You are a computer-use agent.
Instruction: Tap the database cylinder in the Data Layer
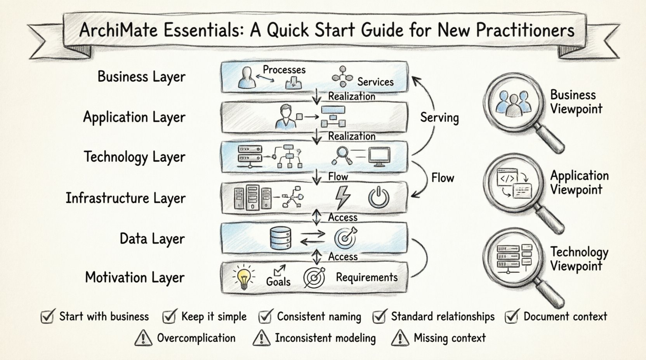(280, 238)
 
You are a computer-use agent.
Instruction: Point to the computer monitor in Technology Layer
(379, 156)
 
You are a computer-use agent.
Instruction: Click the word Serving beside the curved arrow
(439, 118)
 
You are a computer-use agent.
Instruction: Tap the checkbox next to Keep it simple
(169, 317)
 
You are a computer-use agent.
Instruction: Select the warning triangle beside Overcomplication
(143, 338)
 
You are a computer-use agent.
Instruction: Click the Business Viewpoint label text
(576, 102)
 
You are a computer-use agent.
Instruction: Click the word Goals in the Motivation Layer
(278, 281)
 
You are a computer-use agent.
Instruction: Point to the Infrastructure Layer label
(125, 198)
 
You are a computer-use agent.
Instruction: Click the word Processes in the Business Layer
(284, 70)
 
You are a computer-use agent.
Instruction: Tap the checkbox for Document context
(512, 317)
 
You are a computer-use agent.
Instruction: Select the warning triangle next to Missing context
(400, 338)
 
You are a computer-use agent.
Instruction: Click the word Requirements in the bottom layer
(366, 277)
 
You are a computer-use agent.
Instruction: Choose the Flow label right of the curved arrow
(443, 178)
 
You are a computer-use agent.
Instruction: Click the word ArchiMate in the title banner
(118, 30)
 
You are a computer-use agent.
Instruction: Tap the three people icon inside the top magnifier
(512, 103)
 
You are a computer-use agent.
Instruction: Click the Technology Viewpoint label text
(579, 259)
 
